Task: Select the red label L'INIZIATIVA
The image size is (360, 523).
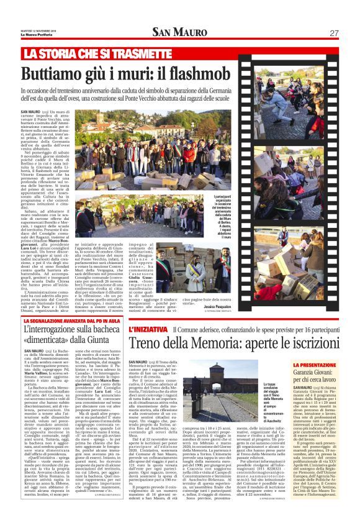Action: click(148, 329)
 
